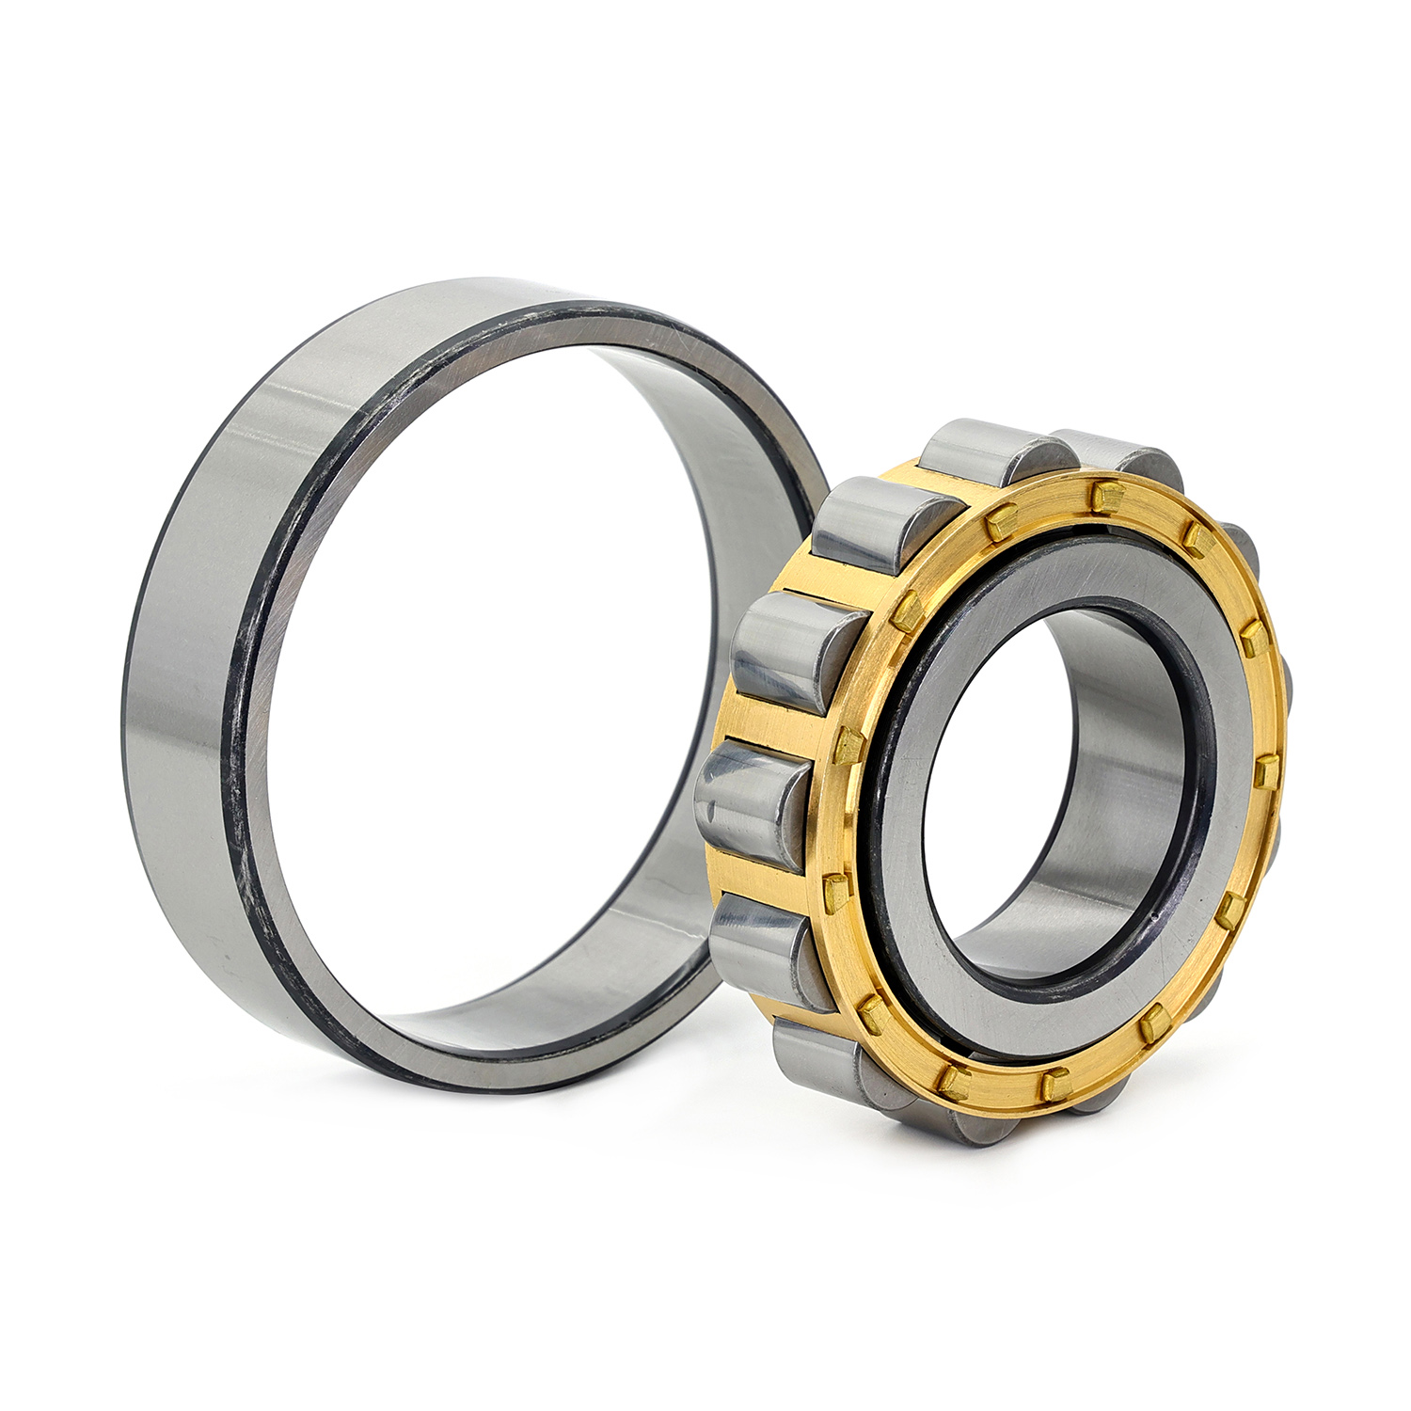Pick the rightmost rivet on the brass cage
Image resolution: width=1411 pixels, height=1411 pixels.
click(1266, 772)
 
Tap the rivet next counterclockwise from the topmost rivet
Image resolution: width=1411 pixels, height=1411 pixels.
click(1001, 518)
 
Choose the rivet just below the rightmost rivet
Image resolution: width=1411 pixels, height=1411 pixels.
click(1230, 910)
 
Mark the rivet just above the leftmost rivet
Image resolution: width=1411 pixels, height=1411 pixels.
click(849, 746)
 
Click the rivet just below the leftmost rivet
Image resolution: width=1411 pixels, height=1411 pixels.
click(874, 1014)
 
